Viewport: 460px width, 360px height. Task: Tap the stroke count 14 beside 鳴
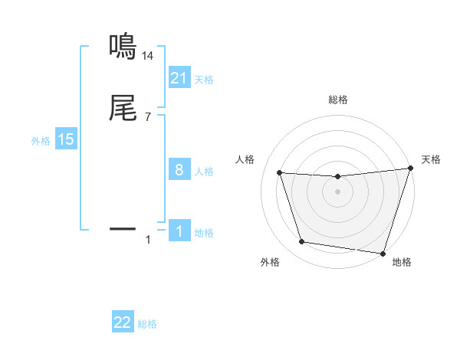[148, 56]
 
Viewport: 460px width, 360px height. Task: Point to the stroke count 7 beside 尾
[148, 117]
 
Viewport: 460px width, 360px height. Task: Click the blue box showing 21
[179, 78]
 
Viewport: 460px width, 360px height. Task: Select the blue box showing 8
[179, 170]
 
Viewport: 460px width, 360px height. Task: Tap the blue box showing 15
[66, 139]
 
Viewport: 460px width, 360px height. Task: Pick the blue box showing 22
[123, 322]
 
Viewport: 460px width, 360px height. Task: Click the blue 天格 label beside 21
[204, 80]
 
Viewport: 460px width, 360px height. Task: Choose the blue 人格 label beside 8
[204, 172]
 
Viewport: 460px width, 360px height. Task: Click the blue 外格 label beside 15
[41, 141]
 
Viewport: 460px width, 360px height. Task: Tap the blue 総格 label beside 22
[147, 324]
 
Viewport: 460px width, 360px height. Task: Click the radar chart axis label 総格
[338, 100]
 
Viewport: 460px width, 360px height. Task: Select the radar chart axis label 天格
[431, 159]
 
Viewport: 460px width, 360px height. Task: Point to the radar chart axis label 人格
[245, 159]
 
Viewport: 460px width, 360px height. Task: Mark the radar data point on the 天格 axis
[410, 169]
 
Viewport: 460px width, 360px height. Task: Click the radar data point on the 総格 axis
[338, 177]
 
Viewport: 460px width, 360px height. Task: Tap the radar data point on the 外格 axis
[302, 242]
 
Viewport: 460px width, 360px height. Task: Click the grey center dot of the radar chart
[338, 192]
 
